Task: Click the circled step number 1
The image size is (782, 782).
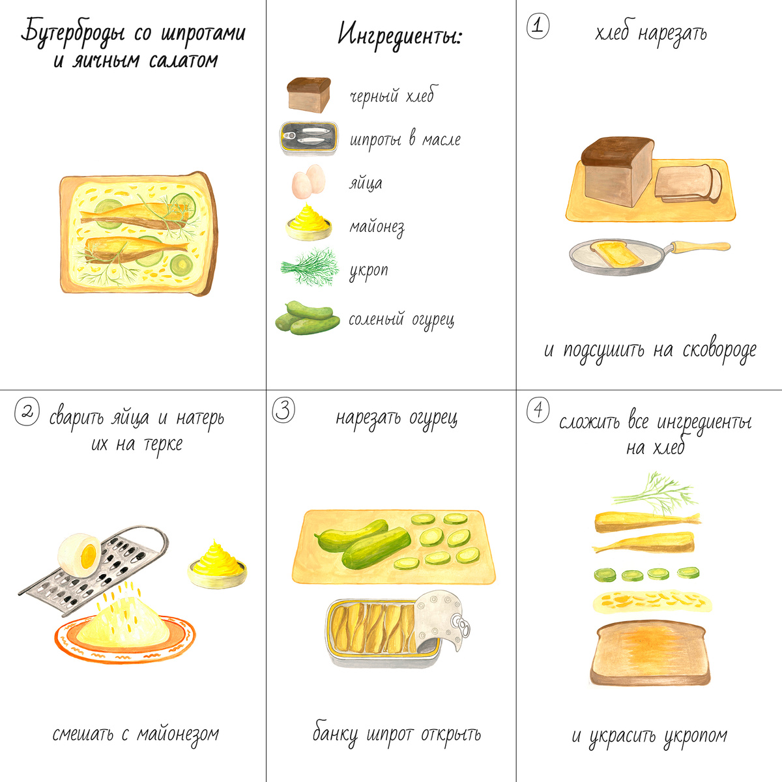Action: tap(538, 26)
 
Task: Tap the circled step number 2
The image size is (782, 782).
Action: tap(27, 411)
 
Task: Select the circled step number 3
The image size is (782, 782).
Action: tap(283, 411)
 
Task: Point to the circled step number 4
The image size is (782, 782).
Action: tap(538, 409)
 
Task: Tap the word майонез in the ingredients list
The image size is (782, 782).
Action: tap(377, 227)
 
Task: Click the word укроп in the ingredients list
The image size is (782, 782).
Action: tap(369, 270)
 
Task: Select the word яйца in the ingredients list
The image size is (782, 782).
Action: tap(366, 183)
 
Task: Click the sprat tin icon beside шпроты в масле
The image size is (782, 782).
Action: tap(309, 138)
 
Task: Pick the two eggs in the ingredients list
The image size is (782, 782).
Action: tap(309, 181)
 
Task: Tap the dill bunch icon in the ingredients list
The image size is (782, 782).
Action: tap(310, 267)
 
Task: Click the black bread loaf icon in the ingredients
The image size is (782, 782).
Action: tap(309, 94)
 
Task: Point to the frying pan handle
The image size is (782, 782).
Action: tap(700, 246)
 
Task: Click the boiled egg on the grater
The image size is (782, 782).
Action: tap(80, 556)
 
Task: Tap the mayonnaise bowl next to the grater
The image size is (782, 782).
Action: tap(218, 565)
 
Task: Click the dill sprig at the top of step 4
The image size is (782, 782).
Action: tap(654, 493)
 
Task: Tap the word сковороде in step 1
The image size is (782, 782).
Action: tap(719, 350)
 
